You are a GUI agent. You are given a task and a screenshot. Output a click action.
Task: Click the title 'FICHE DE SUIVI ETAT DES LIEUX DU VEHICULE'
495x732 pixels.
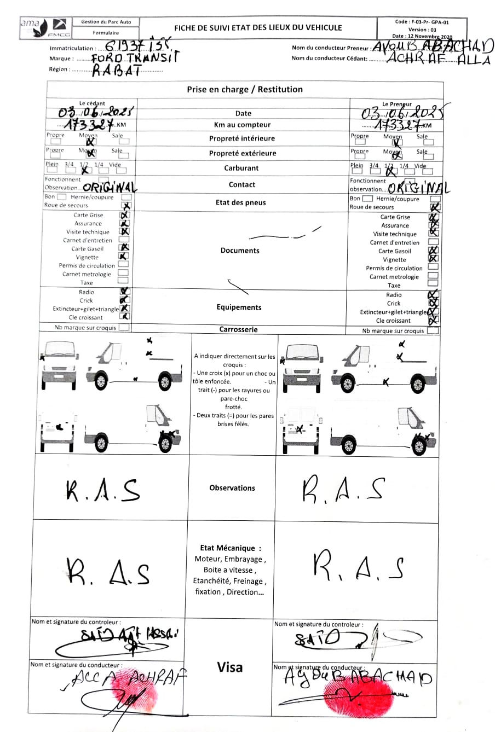(258, 27)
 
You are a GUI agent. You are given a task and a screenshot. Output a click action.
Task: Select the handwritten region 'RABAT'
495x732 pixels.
(116, 69)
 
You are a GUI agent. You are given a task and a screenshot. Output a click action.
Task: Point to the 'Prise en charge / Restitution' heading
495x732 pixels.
(245, 89)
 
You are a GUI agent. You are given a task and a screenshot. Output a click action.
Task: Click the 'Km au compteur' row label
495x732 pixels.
(242, 125)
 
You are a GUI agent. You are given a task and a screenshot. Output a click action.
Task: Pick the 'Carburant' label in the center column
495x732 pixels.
(241, 168)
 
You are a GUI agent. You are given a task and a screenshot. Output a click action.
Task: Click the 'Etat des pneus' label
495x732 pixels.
(241, 202)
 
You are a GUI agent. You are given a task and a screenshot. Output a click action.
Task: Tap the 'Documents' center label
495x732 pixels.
(240, 251)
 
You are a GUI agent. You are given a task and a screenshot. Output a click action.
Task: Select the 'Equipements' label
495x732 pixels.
(239, 307)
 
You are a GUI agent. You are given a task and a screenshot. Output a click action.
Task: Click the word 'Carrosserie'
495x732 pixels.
(238, 329)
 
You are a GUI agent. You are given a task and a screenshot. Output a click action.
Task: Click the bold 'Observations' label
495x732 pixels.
(232, 487)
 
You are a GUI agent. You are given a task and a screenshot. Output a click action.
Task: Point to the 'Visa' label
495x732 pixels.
(230, 667)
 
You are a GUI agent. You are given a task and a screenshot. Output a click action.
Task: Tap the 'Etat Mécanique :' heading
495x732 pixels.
(231, 548)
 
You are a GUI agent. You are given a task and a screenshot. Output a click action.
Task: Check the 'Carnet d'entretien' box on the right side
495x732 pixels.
(433, 242)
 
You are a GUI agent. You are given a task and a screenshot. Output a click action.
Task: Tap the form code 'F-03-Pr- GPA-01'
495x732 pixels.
(422, 22)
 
